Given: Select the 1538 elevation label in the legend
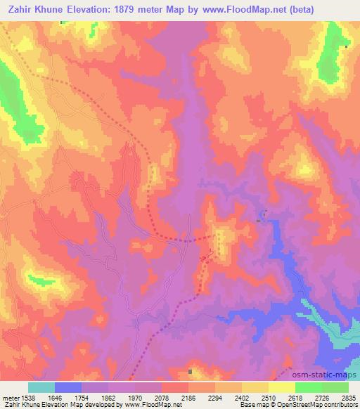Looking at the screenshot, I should pyautogui.click(x=29, y=398).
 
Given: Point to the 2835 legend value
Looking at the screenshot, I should pyautogui.click(x=347, y=398).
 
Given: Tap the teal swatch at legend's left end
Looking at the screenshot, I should pyautogui.click(x=41, y=387).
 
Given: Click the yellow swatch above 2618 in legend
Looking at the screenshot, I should pyautogui.click(x=281, y=387).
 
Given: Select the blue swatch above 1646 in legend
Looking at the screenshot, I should pyautogui.click(x=67, y=387).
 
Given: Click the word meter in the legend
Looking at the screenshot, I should pyautogui.click(x=10, y=398).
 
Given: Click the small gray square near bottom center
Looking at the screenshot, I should pyautogui.click(x=190, y=371).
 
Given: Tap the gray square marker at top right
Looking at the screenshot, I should pyautogui.click(x=347, y=46).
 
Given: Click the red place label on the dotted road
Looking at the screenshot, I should pyautogui.click(x=205, y=260).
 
